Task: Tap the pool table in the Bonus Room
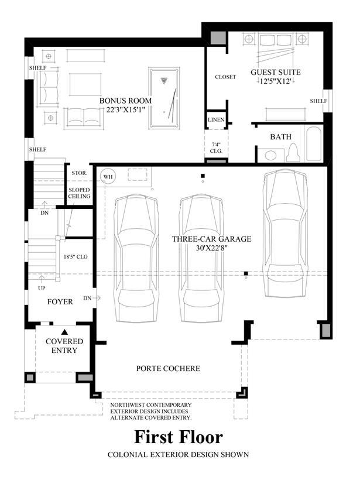click(164, 98)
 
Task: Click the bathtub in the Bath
click(314, 143)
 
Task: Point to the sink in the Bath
click(270, 155)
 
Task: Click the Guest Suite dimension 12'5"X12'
click(275, 81)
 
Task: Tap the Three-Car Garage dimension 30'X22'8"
click(212, 248)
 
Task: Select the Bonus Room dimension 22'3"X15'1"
click(125, 109)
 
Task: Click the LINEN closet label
click(216, 120)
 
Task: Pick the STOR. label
click(80, 173)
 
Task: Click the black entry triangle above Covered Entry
click(64, 332)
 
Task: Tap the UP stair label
click(42, 288)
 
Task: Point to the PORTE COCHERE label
click(168, 368)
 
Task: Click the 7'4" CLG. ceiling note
click(216, 148)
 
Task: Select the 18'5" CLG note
click(76, 257)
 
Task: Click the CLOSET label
click(225, 77)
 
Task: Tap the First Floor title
click(179, 437)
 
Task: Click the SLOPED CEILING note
click(79, 193)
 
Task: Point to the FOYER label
click(60, 302)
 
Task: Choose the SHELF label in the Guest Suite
click(318, 101)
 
